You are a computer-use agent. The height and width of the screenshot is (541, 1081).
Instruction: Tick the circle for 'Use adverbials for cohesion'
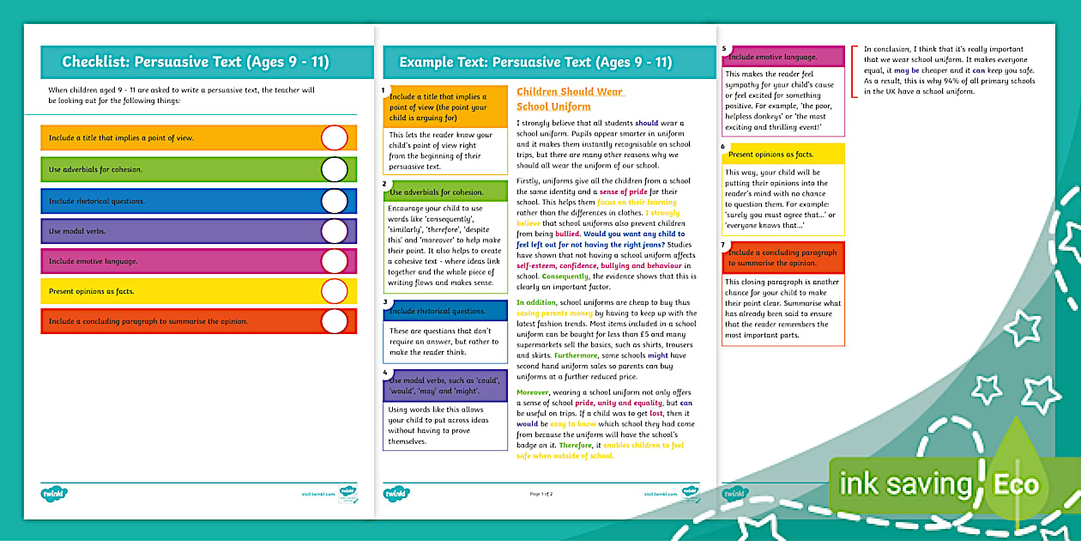[335, 169]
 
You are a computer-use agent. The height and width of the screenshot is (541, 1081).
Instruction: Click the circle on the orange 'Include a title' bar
[335, 138]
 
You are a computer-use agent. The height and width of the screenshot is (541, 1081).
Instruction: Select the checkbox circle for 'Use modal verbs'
[335, 230]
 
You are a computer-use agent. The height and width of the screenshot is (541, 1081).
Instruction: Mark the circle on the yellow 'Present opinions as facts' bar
[335, 291]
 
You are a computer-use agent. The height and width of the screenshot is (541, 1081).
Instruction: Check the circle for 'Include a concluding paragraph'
[335, 321]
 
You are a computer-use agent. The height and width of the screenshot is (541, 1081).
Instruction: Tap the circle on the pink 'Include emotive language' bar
[335, 261]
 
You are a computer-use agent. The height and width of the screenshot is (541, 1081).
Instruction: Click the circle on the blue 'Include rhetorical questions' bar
[335, 200]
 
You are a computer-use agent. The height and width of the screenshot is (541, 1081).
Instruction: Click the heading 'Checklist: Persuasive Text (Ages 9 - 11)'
[196, 62]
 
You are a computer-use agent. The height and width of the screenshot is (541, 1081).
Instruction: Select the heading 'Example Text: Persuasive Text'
[535, 62]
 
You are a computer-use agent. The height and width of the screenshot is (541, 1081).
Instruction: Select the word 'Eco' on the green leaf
[1016, 485]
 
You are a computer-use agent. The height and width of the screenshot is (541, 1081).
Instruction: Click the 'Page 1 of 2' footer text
[541, 494]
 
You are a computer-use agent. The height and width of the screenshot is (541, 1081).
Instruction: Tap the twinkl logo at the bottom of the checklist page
[54, 494]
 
